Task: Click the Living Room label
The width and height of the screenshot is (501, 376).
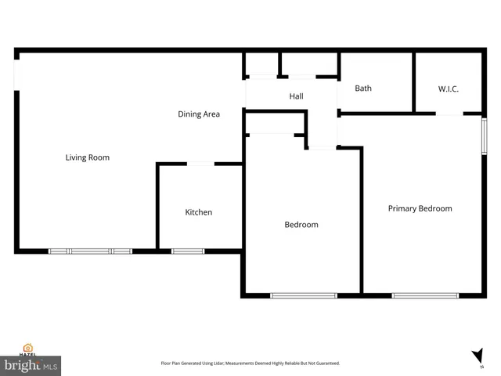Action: tap(87, 157)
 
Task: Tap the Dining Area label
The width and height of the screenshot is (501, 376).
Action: tap(198, 114)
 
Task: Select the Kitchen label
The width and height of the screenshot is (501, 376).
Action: tap(198, 212)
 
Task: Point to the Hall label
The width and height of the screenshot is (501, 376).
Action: tap(296, 96)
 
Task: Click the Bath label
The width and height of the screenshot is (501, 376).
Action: tap(363, 89)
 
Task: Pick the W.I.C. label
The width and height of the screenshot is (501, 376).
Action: tap(448, 89)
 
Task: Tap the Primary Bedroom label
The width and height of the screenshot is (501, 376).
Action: tap(420, 208)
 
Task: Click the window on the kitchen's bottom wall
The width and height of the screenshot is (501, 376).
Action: tap(188, 251)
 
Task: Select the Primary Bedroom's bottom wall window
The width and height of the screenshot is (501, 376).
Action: tap(425, 295)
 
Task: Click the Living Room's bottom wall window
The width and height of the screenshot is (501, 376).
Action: tap(90, 251)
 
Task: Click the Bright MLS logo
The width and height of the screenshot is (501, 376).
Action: tap(31, 365)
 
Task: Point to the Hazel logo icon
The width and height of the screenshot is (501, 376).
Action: tap(28, 348)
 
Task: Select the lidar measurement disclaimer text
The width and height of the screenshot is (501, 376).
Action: tap(250, 363)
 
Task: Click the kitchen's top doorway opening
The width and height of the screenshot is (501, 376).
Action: tap(200, 164)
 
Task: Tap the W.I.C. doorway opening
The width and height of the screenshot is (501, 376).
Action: tap(449, 114)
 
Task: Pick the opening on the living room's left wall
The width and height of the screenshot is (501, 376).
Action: tap(16, 71)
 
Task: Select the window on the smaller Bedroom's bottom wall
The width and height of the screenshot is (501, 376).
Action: tap(303, 295)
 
